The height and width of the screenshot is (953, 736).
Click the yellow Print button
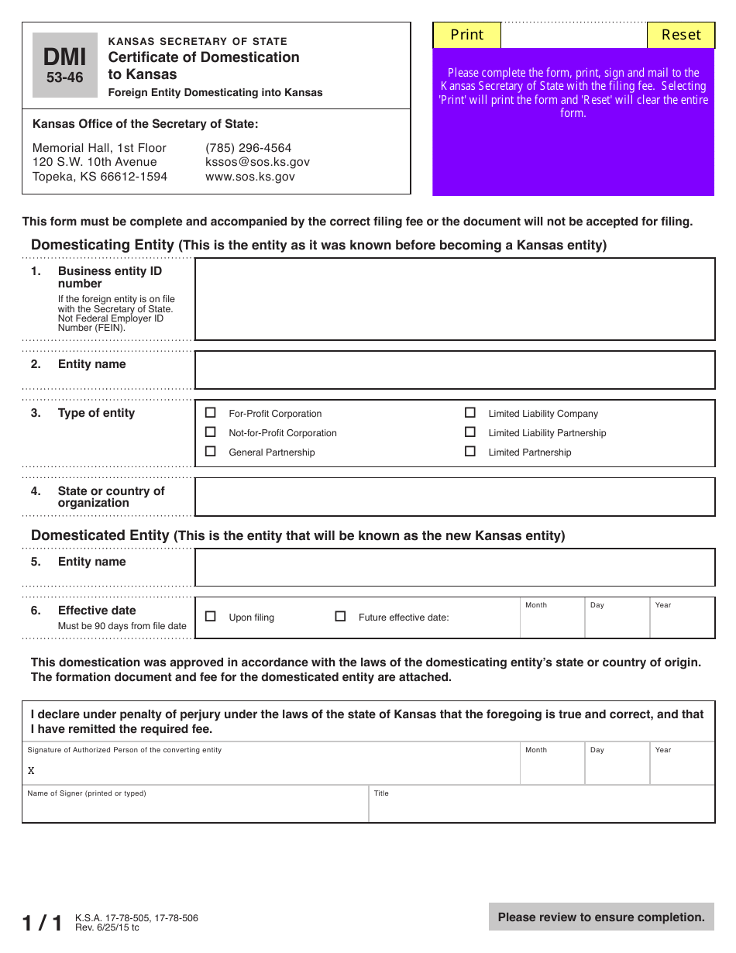coord(466,35)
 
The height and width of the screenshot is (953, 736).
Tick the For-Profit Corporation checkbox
coord(210,413)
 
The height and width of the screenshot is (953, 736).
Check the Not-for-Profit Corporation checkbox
coord(210,432)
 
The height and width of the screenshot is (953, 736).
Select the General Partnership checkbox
coord(210,452)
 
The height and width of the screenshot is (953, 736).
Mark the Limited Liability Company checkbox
coord(469,413)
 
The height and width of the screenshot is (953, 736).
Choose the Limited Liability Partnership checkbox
coord(469,432)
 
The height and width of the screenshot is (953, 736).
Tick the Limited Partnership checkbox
coord(469,452)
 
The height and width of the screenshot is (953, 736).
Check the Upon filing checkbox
coord(210,617)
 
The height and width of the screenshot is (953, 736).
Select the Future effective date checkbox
coord(340,617)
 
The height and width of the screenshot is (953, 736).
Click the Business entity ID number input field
coord(454,299)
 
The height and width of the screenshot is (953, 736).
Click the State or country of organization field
coord(454,497)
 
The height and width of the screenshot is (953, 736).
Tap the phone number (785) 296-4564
coord(248,148)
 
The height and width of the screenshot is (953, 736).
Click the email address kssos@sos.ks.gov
coord(257,162)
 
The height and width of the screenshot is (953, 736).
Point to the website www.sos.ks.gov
coord(249,177)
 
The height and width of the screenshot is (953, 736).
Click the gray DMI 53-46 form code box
coord(65,65)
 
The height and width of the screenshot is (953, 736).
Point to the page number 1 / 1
coord(43,923)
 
